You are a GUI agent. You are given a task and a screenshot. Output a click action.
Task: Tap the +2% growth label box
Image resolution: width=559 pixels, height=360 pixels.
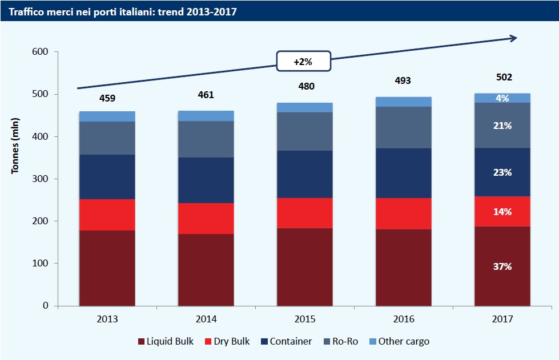tap(303, 62)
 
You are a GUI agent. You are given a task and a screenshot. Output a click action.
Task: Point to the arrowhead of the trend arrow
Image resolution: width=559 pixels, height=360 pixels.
tap(514, 38)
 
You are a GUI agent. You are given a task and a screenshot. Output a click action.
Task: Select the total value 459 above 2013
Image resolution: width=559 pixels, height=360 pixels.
tap(107, 98)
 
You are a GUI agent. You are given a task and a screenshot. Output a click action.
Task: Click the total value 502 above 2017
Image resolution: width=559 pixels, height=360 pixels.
tap(503, 78)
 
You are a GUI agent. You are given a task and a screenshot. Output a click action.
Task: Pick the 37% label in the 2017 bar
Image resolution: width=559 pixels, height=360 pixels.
tap(502, 266)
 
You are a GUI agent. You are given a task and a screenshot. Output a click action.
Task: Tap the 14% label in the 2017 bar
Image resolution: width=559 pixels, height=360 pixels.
tap(502, 212)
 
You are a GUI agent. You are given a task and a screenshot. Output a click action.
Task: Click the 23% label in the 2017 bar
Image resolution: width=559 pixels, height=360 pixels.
tap(502, 172)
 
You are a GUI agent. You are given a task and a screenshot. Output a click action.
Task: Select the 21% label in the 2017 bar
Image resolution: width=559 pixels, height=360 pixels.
tap(502, 126)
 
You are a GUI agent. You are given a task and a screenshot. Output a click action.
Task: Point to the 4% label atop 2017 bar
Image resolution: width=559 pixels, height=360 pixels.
tap(502, 98)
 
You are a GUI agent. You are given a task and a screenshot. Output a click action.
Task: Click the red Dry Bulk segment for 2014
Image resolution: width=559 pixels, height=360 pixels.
tap(206, 219)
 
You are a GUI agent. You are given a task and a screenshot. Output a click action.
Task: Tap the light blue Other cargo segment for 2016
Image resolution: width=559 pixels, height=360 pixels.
tap(404, 102)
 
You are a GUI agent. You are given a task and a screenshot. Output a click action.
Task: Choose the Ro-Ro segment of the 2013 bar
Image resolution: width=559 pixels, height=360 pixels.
tap(107, 137)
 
